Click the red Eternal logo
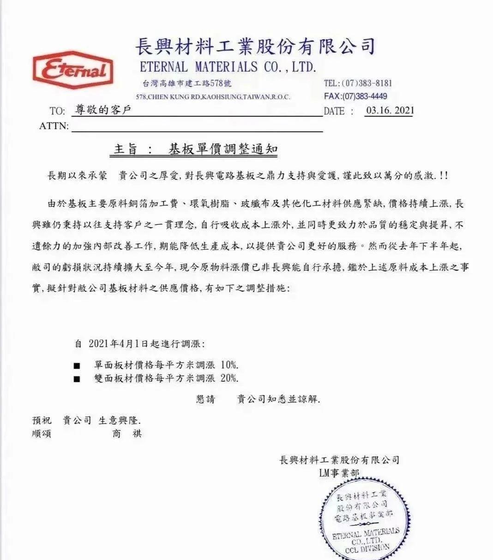point(73,71)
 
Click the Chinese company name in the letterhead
point(255,47)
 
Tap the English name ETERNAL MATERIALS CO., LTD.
point(228,67)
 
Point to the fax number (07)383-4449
point(364,96)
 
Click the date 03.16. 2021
point(390,111)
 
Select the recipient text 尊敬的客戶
point(103,111)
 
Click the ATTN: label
point(54,126)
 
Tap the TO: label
point(57,112)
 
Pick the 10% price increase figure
point(229,365)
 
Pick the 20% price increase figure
point(229,378)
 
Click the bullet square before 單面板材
point(77,366)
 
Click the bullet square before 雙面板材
point(77,379)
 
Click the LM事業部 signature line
point(338,473)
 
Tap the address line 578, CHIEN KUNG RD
point(213,97)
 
